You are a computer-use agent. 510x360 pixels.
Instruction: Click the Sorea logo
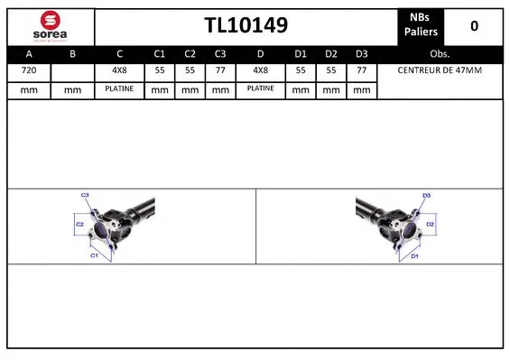pos(50,27)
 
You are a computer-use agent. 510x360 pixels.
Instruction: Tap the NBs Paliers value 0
pos(474,26)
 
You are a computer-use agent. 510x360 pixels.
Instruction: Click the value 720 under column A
pos(29,70)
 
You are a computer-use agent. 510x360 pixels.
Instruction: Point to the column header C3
pos(220,54)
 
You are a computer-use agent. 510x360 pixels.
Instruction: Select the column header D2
pos(331,54)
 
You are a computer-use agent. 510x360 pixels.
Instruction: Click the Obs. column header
pos(440,54)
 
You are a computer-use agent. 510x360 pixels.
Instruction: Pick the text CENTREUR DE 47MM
pos(440,70)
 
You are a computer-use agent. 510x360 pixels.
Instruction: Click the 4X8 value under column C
pos(119,70)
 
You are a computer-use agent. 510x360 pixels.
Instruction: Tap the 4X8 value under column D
pos(260,70)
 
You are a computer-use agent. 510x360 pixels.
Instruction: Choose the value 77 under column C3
pos(220,70)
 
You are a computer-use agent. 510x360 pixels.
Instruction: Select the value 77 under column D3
pos(361,70)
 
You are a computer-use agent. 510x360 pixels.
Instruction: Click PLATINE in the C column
pos(119,89)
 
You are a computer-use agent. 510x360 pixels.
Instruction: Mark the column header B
pos(74,54)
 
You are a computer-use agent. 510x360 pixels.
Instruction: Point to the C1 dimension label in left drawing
pos(94,255)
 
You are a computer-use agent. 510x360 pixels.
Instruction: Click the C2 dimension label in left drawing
pos(79,223)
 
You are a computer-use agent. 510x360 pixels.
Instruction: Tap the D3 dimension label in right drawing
pos(426,195)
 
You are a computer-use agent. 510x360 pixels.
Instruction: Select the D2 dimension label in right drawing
pos(431,223)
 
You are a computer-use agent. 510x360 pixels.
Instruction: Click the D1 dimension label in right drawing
pos(414,255)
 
